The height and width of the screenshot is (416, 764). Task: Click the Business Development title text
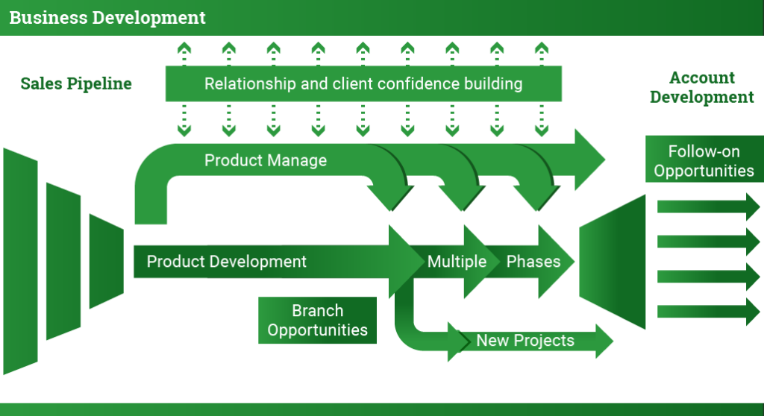[107, 18]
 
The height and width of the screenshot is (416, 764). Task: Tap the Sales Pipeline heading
[76, 83]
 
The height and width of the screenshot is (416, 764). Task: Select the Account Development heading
[701, 87]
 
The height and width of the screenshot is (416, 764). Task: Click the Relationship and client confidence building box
[363, 83]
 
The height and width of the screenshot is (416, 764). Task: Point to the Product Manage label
[266, 160]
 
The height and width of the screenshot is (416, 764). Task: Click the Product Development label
[227, 262]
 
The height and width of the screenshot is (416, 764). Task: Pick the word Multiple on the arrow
[457, 262]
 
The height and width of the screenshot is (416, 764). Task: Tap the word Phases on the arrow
[533, 262]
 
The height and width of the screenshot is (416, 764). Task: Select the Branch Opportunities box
[317, 320]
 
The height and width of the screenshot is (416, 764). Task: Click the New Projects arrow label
[525, 341]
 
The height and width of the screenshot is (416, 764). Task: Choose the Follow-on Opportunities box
[704, 160]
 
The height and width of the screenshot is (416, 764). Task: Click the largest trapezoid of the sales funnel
[20, 262]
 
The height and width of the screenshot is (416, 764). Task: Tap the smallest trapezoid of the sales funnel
[106, 262]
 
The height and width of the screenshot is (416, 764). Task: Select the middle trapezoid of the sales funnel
[63, 262]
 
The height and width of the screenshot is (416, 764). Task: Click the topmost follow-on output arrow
[709, 207]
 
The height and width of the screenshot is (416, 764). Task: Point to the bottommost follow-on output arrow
[709, 312]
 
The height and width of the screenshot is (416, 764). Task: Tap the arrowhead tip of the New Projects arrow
[613, 341]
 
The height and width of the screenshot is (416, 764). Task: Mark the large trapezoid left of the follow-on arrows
[613, 262]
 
